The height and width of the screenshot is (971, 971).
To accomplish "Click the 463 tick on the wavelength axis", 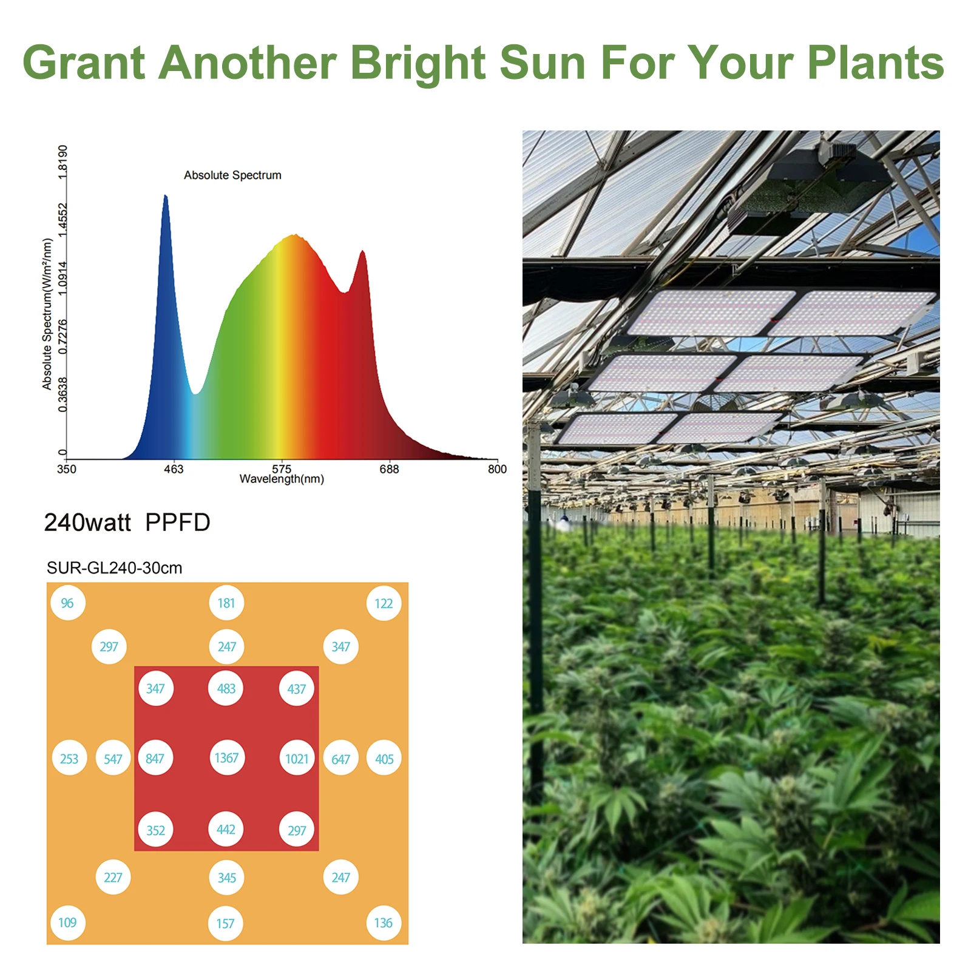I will click(174, 469).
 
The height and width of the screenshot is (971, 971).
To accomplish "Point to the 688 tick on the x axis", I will click(389, 469).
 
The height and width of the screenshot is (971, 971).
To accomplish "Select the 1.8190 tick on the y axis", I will click(63, 161).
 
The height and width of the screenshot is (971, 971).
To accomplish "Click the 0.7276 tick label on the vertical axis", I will click(63, 336).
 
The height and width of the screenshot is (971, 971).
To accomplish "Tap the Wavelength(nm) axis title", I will click(282, 479).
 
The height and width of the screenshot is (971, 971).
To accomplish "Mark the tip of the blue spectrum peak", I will click(165, 196).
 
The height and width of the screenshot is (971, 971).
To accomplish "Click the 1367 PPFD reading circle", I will click(226, 758).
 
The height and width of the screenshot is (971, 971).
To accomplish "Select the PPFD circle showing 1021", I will click(297, 759).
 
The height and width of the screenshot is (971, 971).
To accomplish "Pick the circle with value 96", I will click(67, 603).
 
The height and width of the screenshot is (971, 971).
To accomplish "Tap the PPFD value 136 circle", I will click(384, 923).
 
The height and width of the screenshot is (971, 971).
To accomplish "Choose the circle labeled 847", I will click(155, 759).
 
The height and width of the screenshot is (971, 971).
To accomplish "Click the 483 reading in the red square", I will click(226, 689).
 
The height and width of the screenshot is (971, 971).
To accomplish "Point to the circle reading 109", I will click(67, 923).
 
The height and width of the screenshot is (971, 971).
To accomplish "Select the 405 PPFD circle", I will click(384, 759).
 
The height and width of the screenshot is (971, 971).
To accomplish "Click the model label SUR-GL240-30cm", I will click(114, 568).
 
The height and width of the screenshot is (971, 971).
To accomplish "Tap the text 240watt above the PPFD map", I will click(87, 523).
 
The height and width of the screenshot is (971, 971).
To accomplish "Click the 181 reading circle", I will click(226, 603).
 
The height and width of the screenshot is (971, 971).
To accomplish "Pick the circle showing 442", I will click(226, 830).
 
